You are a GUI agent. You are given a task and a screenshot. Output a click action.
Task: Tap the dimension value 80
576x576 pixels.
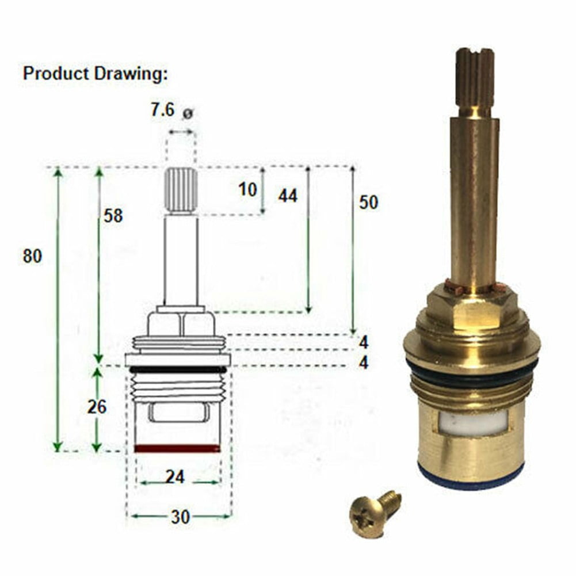[x=33, y=256]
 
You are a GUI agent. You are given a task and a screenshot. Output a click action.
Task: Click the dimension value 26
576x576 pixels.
[x=97, y=407]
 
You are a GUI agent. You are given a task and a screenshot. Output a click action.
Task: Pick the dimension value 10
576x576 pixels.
[x=248, y=189]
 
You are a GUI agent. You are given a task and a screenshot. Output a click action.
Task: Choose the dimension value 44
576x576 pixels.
[x=288, y=196]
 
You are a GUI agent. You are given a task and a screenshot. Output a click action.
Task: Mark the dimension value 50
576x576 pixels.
[x=368, y=203]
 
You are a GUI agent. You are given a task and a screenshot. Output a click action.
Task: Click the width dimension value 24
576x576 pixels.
[x=175, y=477]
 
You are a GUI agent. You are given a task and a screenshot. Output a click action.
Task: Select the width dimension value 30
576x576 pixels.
[x=180, y=517]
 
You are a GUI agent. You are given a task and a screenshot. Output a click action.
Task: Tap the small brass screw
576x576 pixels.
[x=373, y=510]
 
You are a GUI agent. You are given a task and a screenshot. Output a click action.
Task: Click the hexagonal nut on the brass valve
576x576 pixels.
[x=472, y=308]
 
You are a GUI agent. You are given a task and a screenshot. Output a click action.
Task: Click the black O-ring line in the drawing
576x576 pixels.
[x=177, y=369]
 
